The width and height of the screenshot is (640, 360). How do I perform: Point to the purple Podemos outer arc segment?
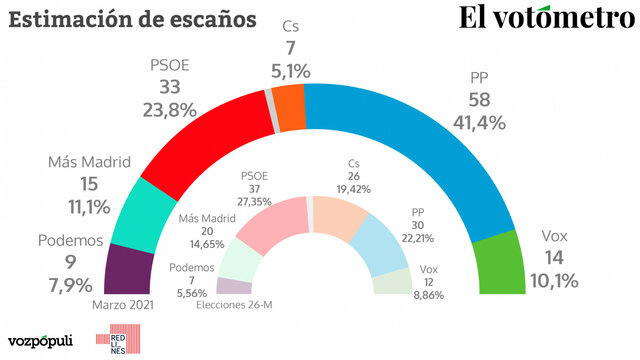click(x=127, y=270)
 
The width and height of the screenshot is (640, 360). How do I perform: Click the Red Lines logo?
click(x=110, y=341)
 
